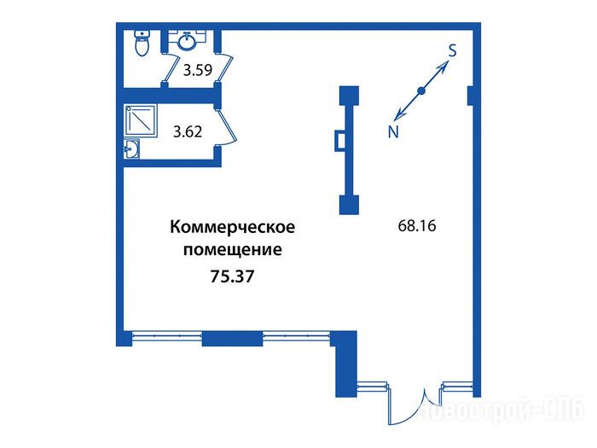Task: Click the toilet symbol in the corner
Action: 142,43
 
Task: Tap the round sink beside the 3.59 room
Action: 187,41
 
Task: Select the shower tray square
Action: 140,121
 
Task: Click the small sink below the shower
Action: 131,148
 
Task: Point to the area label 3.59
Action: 198,71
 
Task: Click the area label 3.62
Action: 188,131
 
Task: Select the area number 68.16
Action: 417,226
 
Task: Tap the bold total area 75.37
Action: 232,276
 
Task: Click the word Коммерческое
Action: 232,227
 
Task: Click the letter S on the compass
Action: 452,50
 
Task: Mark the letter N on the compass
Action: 393,132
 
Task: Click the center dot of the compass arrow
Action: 421,90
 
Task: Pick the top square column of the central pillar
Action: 349,96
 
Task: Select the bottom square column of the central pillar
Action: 349,205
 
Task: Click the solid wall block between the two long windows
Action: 232,339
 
